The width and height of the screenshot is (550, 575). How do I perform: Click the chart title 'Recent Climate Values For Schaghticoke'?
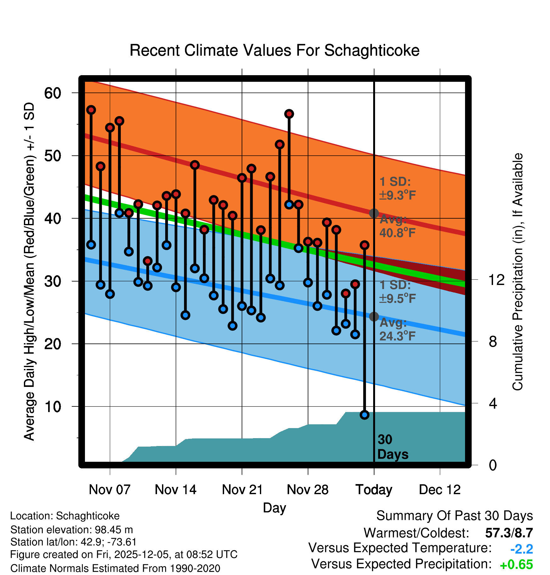pos(274,50)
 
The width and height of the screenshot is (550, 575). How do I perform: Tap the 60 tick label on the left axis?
pos(53,93)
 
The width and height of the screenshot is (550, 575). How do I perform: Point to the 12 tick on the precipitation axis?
pos(496,280)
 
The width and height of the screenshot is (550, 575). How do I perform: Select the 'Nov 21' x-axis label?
pos(242,489)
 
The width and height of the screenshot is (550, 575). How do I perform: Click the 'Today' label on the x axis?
pos(373,489)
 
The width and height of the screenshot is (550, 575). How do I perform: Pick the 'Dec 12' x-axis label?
pos(440,489)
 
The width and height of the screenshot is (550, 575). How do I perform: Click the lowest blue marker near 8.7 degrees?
pos(364,415)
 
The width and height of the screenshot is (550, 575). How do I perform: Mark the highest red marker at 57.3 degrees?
pos(91,110)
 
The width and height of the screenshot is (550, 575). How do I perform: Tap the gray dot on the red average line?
pos(374,213)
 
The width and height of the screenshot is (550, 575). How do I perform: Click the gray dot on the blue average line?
pos(374,316)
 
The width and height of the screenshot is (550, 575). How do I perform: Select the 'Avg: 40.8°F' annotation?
pos(397,226)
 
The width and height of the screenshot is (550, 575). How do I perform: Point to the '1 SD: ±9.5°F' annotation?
pos(397,292)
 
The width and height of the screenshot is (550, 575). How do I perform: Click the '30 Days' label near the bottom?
pos(392,447)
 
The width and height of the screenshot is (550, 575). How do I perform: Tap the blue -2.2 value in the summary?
pos(521,549)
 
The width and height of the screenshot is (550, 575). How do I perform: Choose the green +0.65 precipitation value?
pos(516,565)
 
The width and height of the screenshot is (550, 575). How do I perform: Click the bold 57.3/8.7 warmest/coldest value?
pos(509,533)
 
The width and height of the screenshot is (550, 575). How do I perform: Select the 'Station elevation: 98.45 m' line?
pos(71,530)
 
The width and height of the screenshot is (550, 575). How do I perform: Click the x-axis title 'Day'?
pos(274,508)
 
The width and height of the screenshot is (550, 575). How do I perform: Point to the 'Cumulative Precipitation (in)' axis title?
pos(517,272)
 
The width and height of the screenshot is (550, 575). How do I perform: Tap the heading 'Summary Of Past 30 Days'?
pos(454,516)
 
